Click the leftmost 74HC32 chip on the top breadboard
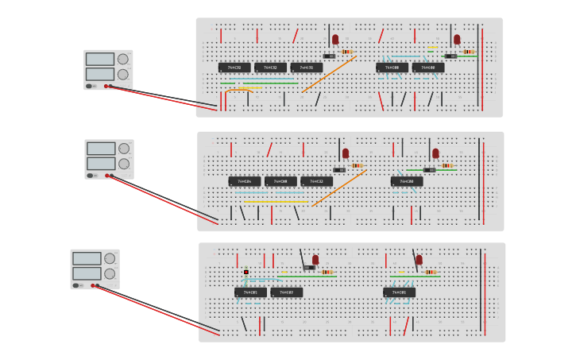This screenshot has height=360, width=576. pyautogui.click(x=234, y=68)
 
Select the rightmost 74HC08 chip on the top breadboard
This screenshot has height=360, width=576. pyautogui.click(x=428, y=68)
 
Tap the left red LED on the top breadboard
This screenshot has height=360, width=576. pyautogui.click(x=335, y=39)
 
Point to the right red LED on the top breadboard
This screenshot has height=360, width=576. pyautogui.click(x=457, y=39)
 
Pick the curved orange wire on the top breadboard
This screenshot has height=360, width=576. pyautogui.click(x=238, y=90)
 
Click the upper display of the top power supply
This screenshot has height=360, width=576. pyautogui.click(x=100, y=59)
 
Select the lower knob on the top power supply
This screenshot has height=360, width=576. pyautogui.click(x=122, y=74)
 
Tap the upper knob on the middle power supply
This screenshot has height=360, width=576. pyautogui.click(x=123, y=149)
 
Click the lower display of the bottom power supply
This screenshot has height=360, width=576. pyautogui.click(x=87, y=273)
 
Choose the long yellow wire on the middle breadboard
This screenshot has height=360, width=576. pyautogui.click(x=275, y=202)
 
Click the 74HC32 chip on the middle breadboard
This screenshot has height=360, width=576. pyautogui.click(x=317, y=181)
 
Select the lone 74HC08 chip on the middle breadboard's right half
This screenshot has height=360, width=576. pyautogui.click(x=407, y=181)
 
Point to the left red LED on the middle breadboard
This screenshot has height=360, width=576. pyautogui.click(x=346, y=153)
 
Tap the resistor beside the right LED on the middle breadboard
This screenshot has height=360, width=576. pyautogui.click(x=447, y=165)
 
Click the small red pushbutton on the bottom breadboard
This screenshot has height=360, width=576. pyautogui.click(x=246, y=272)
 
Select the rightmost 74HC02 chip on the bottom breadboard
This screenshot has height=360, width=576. pyautogui.click(x=399, y=292)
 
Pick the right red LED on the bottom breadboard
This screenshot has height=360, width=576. pyautogui.click(x=419, y=259)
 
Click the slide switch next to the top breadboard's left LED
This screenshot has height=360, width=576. pyautogui.click(x=329, y=56)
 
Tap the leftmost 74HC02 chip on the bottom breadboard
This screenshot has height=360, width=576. pyautogui.click(x=250, y=292)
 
